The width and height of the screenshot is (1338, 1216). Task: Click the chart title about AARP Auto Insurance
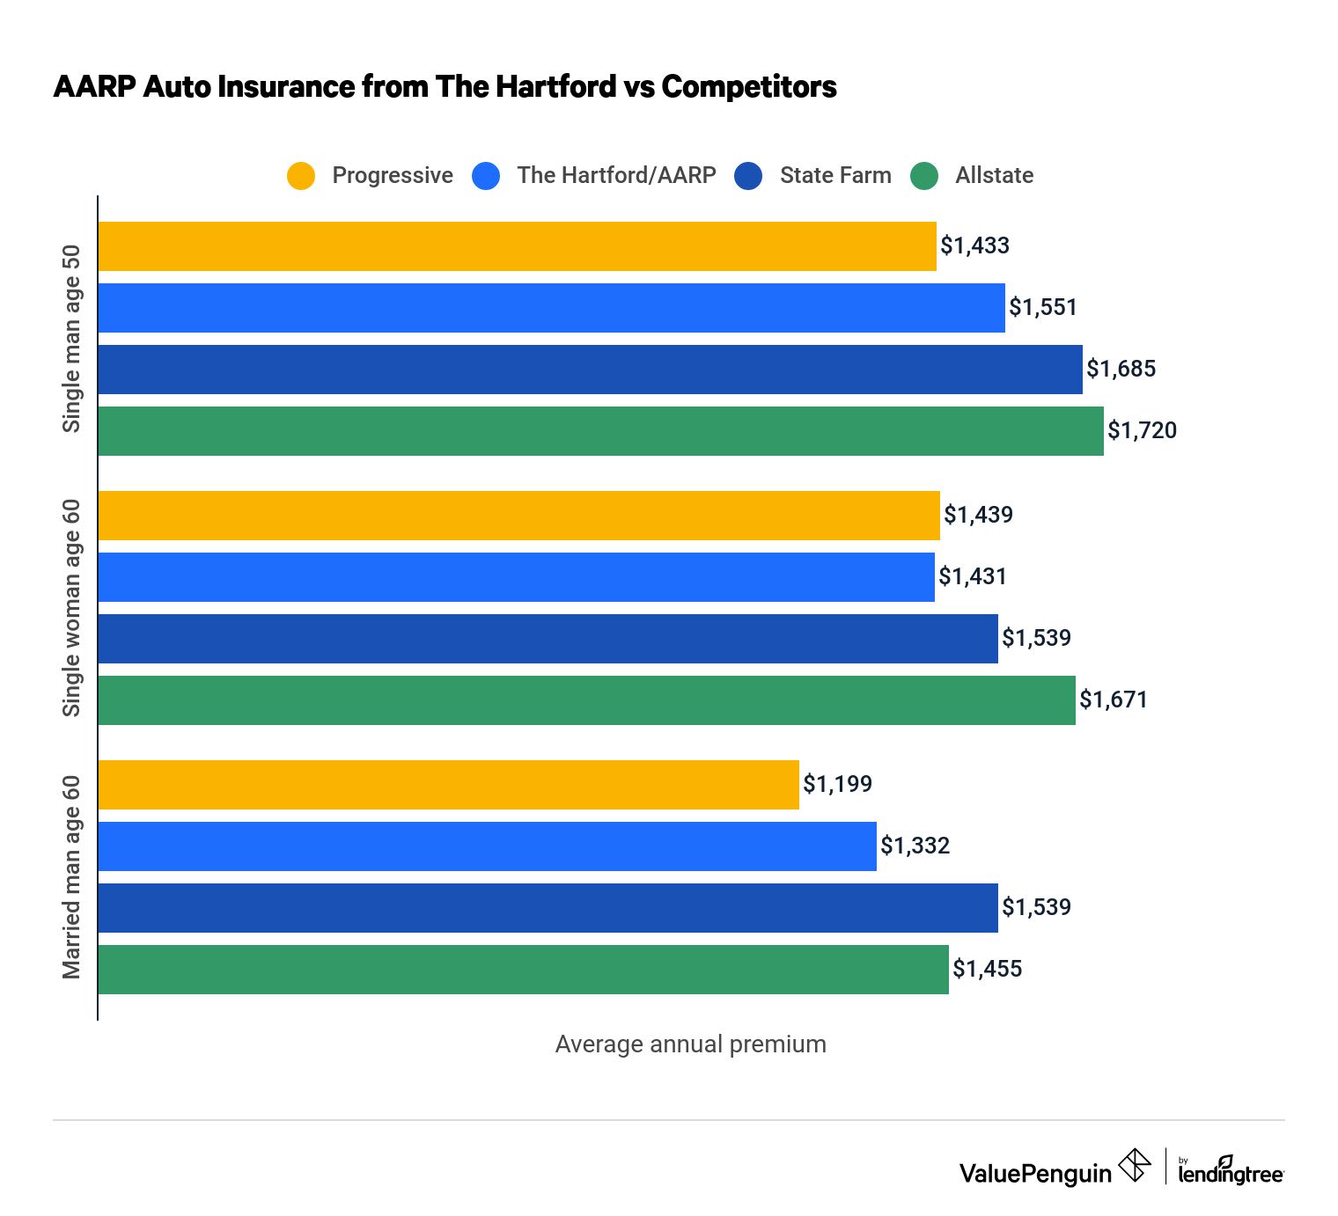[x=445, y=87]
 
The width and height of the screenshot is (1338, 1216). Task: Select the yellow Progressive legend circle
[x=301, y=176]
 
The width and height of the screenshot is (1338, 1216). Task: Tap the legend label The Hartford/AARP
[x=616, y=175]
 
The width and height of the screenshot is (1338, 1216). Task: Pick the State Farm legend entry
[x=834, y=175]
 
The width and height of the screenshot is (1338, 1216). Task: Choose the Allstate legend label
[x=994, y=175]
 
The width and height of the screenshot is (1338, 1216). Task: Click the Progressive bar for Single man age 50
[x=517, y=246]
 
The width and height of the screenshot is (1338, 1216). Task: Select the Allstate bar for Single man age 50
[x=600, y=431]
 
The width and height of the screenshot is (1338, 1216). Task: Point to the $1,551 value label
[x=1043, y=307]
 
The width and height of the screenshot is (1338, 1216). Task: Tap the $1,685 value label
[x=1121, y=369]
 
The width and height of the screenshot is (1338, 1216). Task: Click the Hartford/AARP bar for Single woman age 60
[x=516, y=577]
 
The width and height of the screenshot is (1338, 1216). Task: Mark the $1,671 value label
[x=1114, y=700]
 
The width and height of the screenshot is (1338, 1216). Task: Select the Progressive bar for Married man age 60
[x=448, y=785]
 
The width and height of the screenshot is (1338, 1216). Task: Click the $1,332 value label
[x=915, y=846]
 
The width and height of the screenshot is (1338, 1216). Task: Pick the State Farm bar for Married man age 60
[x=548, y=908]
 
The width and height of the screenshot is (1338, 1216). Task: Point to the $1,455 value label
[x=988, y=969]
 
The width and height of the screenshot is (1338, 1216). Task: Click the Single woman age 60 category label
[x=71, y=608]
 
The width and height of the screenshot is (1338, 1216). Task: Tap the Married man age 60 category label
[x=71, y=877]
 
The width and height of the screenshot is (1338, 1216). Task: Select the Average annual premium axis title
[x=690, y=1044]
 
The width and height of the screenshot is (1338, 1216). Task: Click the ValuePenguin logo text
[x=1035, y=1173]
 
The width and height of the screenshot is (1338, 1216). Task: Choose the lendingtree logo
[x=1231, y=1171]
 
